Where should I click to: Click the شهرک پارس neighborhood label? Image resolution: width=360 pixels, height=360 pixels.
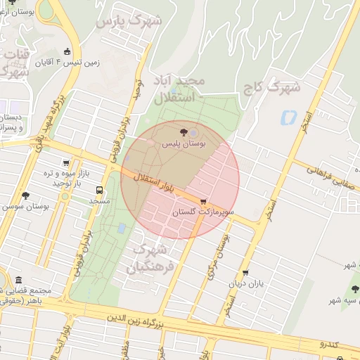(x=128, y=22)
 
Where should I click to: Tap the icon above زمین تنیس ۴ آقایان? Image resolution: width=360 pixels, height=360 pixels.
(x=67, y=51)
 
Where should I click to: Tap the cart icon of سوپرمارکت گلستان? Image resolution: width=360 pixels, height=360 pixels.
(x=203, y=202)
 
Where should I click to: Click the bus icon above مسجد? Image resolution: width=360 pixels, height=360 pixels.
(x=98, y=190)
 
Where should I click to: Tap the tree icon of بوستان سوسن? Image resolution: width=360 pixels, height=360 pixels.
(x=26, y=195)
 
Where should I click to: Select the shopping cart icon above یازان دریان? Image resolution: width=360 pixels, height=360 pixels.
(x=245, y=273)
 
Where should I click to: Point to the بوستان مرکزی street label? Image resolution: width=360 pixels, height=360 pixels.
(x=217, y=256)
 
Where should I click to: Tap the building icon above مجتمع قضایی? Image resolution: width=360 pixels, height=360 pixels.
(x=18, y=279)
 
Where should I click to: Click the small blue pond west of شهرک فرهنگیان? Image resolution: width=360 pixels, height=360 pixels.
(x=122, y=228)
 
